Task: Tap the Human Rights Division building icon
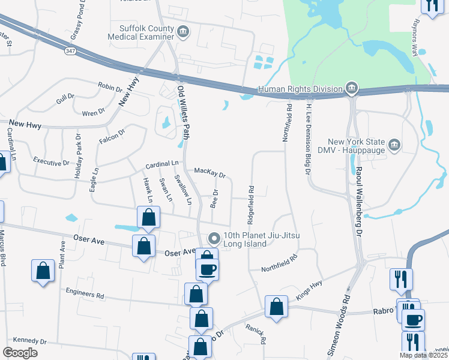point(351,89)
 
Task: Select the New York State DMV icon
point(394,145)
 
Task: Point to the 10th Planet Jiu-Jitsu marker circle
point(212,239)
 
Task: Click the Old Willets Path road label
point(183,112)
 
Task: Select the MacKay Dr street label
point(209,173)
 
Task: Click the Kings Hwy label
point(309,293)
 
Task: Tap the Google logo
point(20,352)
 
